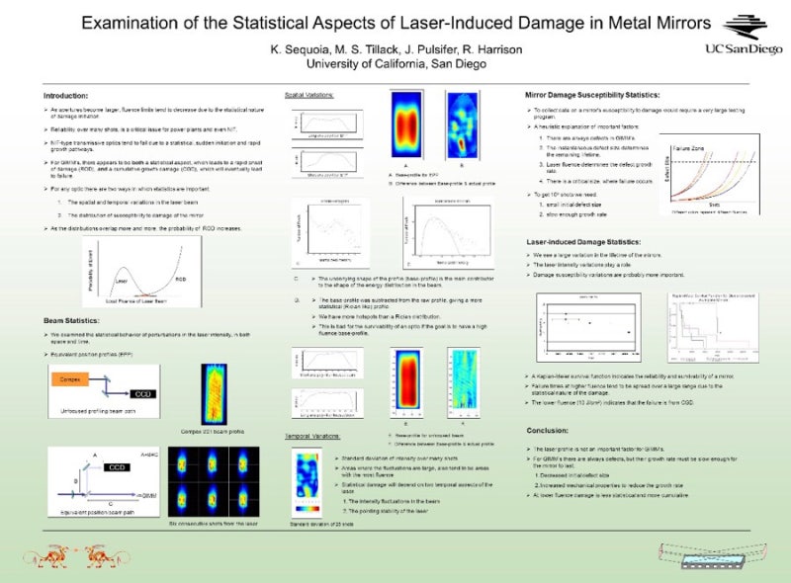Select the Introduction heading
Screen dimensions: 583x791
pos(66,95)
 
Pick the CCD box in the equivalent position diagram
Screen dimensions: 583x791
pos(117,466)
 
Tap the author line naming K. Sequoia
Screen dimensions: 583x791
pos(394,49)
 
